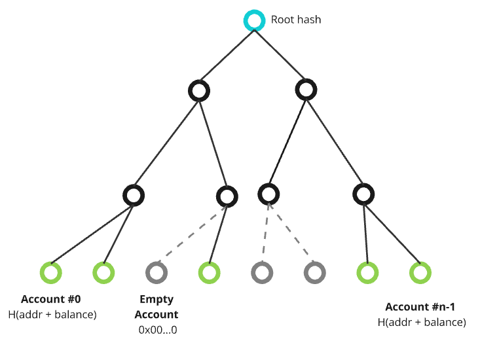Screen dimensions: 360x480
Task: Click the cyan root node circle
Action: tap(253, 20)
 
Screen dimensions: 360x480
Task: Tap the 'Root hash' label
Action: tap(296, 20)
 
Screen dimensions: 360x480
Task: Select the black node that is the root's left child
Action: tap(198, 90)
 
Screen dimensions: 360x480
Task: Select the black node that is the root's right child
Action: tap(306, 89)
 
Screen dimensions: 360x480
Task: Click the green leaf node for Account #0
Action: tap(50, 272)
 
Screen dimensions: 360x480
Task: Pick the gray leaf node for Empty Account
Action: tap(156, 272)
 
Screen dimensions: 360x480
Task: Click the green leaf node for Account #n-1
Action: tap(419, 272)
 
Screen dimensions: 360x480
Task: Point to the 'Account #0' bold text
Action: tap(51, 300)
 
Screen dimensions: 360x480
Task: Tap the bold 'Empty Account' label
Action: tap(156, 307)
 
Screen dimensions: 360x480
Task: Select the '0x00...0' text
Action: tap(157, 330)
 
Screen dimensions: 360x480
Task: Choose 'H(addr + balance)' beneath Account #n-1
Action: tap(422, 322)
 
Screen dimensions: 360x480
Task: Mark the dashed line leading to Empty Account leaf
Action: tap(190, 235)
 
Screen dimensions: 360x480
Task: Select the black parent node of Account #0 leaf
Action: tap(134, 194)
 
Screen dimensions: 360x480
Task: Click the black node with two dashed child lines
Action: tap(268, 193)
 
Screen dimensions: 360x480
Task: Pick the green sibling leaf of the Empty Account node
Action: tap(208, 272)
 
